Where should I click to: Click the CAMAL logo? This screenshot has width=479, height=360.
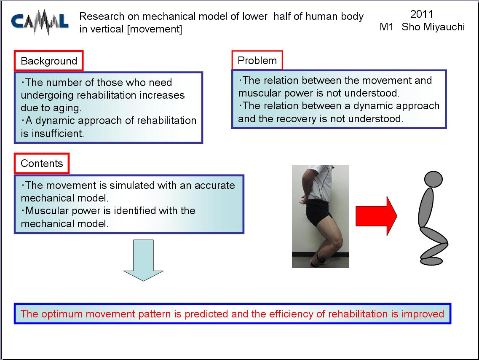click(40, 21)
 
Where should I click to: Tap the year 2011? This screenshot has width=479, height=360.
click(422, 14)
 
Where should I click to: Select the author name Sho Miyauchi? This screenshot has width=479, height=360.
click(433, 27)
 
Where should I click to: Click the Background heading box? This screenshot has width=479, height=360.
click(48, 61)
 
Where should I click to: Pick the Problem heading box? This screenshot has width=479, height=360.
click(257, 61)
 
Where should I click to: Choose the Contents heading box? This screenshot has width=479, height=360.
click(42, 164)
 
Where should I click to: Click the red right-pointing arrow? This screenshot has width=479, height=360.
click(376, 216)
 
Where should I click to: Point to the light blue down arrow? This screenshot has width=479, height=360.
click(143, 260)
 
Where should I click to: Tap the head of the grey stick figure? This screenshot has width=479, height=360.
click(433, 179)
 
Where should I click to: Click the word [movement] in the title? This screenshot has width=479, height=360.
click(154, 29)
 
